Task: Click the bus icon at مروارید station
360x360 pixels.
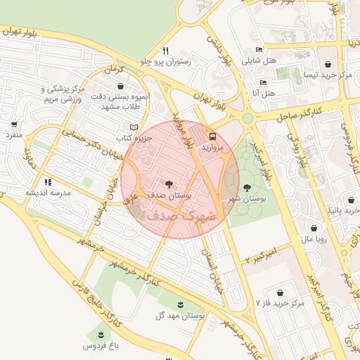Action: tap(212, 136)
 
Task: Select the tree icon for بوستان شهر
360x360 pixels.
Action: tap(247, 188)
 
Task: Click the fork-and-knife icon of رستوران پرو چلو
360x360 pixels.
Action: tap(165, 51)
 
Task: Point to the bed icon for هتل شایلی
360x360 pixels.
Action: tap(259, 50)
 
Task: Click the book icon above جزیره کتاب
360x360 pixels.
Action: tap(124, 127)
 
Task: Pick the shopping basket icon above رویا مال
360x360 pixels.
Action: tap(313, 228)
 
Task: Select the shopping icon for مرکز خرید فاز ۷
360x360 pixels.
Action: tap(281, 292)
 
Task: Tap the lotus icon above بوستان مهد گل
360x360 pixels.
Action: tap(181, 304)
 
